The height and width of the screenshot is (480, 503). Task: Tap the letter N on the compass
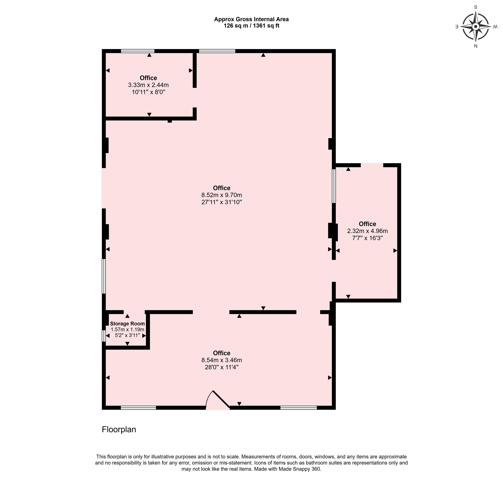click(x=476, y=46)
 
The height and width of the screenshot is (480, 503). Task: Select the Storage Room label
click(x=127, y=324)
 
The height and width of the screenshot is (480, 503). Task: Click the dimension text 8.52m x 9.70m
click(x=222, y=195)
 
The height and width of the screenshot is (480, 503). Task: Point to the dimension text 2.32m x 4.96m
click(x=367, y=231)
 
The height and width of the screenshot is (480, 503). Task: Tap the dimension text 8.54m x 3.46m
click(x=222, y=360)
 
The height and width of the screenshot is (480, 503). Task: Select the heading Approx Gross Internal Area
click(x=251, y=19)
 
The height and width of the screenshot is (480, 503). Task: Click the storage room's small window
click(x=104, y=336)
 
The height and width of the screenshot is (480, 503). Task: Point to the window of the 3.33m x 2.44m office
click(x=138, y=51)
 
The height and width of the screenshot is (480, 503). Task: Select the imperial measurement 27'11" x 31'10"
click(x=222, y=202)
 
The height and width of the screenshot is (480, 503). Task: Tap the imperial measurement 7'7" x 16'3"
click(x=367, y=238)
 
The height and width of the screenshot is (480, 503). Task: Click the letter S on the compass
click(x=476, y=7)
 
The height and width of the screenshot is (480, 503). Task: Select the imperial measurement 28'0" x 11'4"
click(x=222, y=367)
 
